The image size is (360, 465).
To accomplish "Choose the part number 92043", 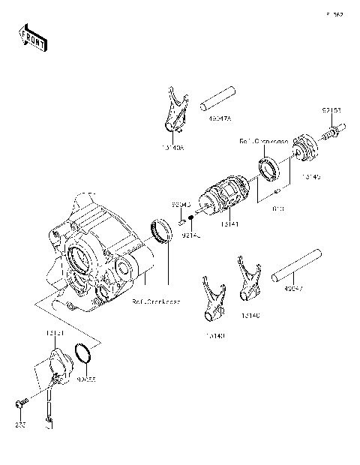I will (181, 203).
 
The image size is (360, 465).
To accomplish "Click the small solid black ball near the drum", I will (193, 218).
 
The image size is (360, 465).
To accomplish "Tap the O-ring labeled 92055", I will (85, 352).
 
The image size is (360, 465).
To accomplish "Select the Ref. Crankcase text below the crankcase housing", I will (156, 301).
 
